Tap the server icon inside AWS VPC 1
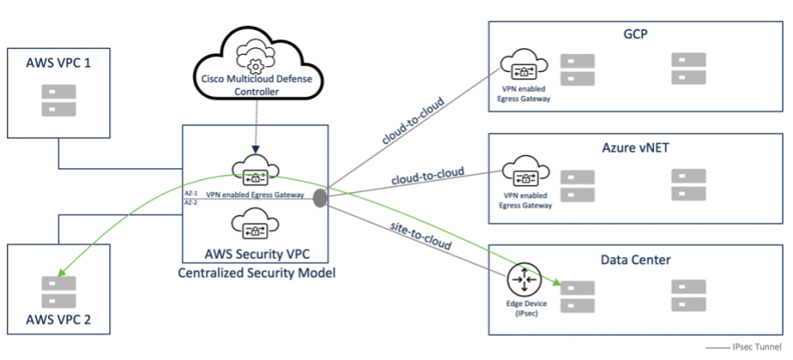coord(58,100)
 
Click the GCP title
coord(635,34)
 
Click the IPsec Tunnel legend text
coord(763,346)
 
